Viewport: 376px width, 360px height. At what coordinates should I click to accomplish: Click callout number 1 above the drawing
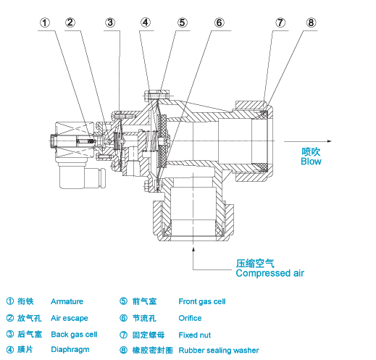pos(45,23)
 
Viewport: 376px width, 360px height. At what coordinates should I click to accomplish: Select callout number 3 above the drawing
pos(110,22)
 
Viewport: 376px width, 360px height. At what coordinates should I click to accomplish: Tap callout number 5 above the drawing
pos(183,22)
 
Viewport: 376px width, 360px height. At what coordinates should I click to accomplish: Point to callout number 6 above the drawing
pos(219,22)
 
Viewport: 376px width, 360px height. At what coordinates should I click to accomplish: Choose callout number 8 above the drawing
pos(311,22)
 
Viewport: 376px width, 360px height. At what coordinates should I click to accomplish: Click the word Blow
pos(311,162)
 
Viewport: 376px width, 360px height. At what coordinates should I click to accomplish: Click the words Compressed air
pos(270,273)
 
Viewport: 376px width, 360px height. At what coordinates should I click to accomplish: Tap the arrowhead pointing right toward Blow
pos(330,141)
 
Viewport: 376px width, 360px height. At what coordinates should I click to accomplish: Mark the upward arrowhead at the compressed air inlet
pos(193,249)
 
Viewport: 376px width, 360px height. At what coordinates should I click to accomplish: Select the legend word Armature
pos(67,301)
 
